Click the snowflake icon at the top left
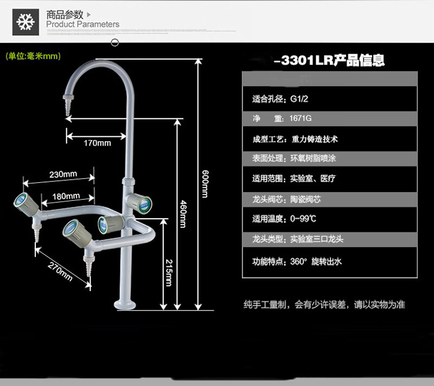click(x=24, y=23)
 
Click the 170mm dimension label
click(x=97, y=143)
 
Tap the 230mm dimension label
click(x=63, y=175)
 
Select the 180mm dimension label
click(x=66, y=196)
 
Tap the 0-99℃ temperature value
click(x=304, y=219)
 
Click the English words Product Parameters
click(x=82, y=24)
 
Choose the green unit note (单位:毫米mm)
click(x=33, y=55)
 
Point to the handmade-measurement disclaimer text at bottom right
click(x=324, y=305)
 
